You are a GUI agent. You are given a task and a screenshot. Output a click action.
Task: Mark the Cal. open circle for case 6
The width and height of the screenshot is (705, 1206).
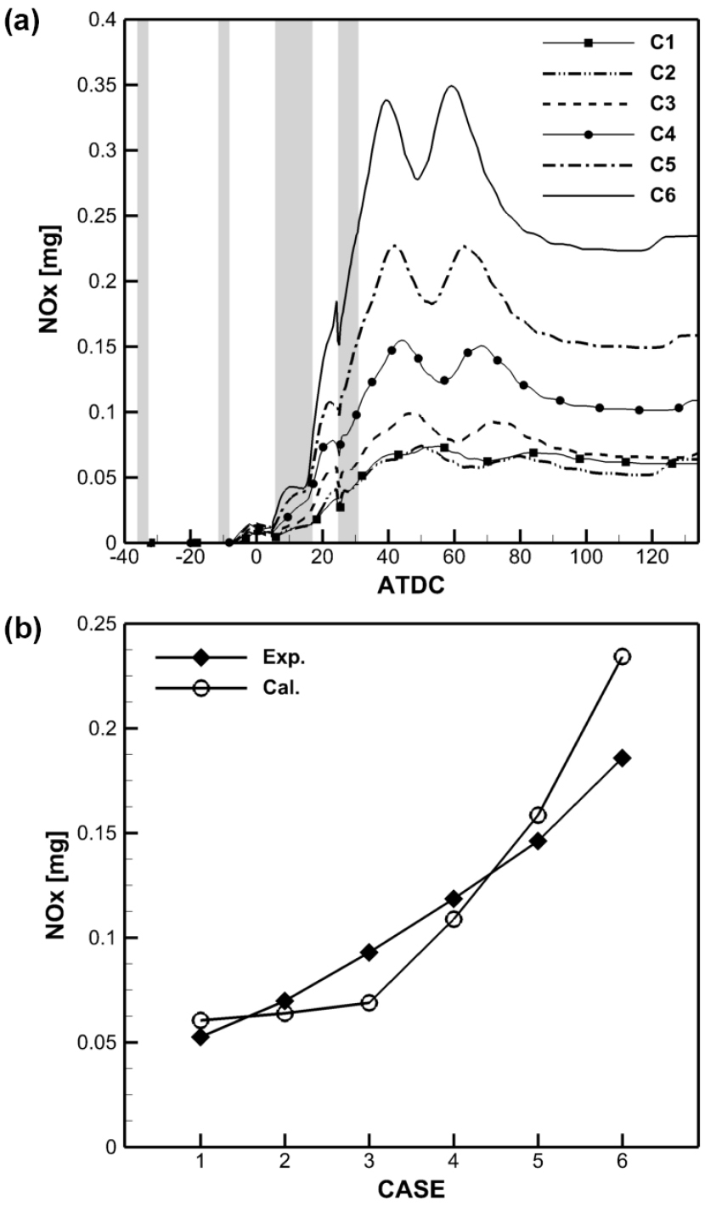click(x=623, y=657)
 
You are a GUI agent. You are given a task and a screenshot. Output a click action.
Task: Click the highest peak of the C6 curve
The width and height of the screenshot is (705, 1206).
click(x=452, y=86)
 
